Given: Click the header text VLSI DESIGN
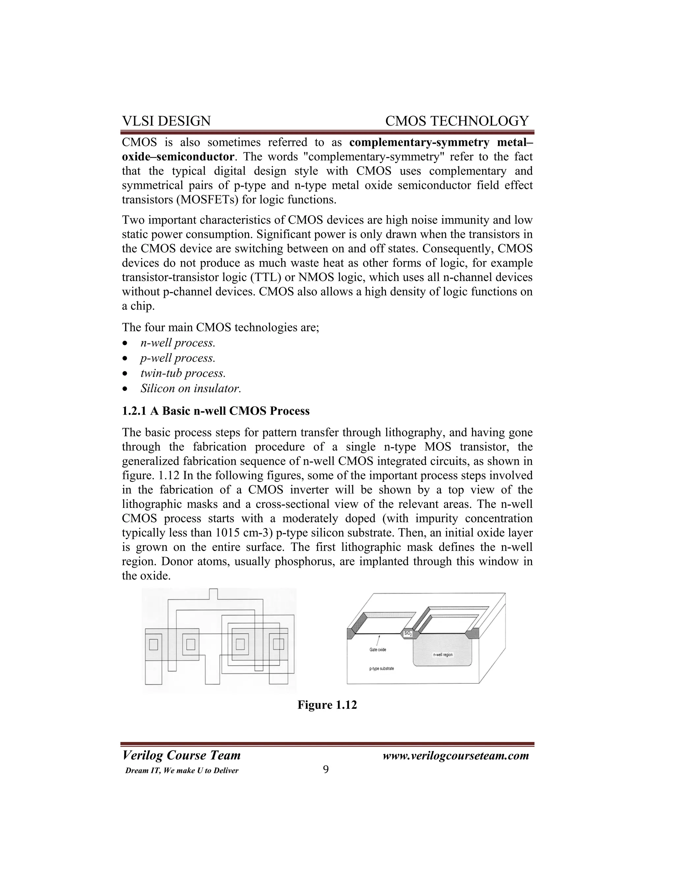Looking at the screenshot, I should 166,121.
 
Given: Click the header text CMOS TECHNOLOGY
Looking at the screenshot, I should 457,121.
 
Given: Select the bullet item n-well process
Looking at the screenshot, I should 178,343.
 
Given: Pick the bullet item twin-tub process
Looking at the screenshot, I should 183,373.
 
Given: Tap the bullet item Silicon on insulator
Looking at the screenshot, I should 191,389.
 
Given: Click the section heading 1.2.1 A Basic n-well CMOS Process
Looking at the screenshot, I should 216,411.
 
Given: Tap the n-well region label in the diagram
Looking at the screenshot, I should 443,655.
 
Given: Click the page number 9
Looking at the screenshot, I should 326,769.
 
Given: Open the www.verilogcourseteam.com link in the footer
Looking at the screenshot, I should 455,756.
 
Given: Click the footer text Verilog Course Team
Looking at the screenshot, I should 181,756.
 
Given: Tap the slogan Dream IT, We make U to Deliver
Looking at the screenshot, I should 182,771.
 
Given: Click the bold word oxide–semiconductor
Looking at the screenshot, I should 178,156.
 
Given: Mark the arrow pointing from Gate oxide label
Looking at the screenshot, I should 378,640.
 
